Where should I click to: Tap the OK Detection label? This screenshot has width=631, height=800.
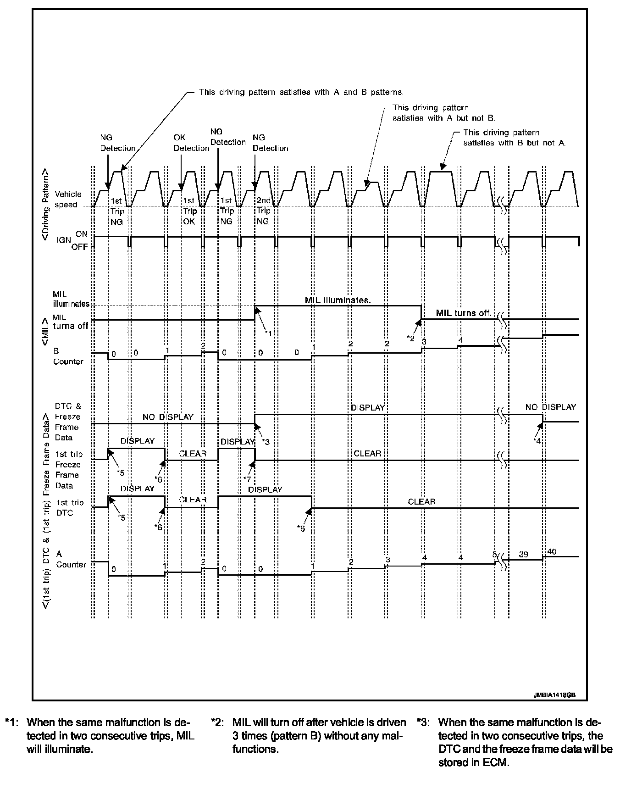tap(191, 143)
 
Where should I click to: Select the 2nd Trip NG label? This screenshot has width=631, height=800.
tap(263, 211)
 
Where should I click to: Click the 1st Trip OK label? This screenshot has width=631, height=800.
tap(189, 211)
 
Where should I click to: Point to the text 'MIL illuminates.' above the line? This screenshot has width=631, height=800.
tap(338, 300)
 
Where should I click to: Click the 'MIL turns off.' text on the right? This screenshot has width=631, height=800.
tap(464, 313)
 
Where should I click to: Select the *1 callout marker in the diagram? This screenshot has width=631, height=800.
tap(268, 333)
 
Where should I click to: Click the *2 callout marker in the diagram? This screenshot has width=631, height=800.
tap(411, 338)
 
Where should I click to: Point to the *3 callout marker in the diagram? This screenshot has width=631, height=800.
tap(266, 442)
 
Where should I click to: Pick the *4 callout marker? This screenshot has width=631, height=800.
tap(537, 440)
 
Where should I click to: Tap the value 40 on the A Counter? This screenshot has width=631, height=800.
tap(552, 551)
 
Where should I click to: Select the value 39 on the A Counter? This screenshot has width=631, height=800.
tap(523, 554)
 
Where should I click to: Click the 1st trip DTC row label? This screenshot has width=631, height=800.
tap(70, 507)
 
